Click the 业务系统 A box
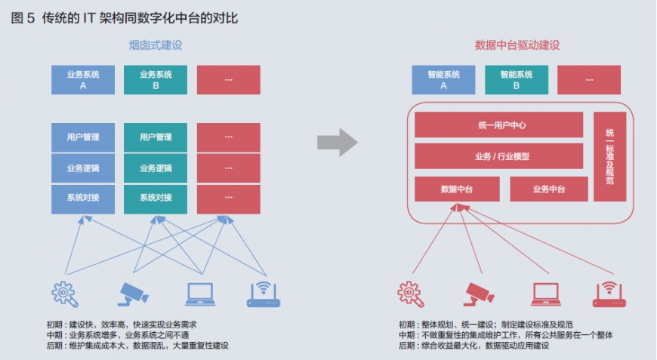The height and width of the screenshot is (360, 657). click(83, 80)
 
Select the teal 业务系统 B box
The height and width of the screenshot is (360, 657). click(156, 80)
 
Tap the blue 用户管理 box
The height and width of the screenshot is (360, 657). click(83, 137)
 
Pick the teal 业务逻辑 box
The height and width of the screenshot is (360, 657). click(156, 168)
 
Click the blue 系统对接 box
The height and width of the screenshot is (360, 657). click(83, 198)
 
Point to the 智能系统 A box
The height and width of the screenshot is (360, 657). click(443, 80)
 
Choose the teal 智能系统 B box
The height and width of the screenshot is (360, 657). click(517, 80)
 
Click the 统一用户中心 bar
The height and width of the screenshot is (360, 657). click(498, 125)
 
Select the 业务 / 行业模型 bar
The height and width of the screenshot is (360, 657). click(498, 156)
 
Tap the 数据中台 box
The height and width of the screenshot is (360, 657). click(457, 189)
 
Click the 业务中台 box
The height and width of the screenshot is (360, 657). click(548, 189)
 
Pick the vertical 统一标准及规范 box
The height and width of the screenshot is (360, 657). click(609, 156)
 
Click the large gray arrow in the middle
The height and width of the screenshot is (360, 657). click(337, 141)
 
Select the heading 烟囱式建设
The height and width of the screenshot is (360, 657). click(156, 45)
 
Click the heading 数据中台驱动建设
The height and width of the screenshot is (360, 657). click(517, 45)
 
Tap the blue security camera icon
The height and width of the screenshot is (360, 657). click(134, 293)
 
